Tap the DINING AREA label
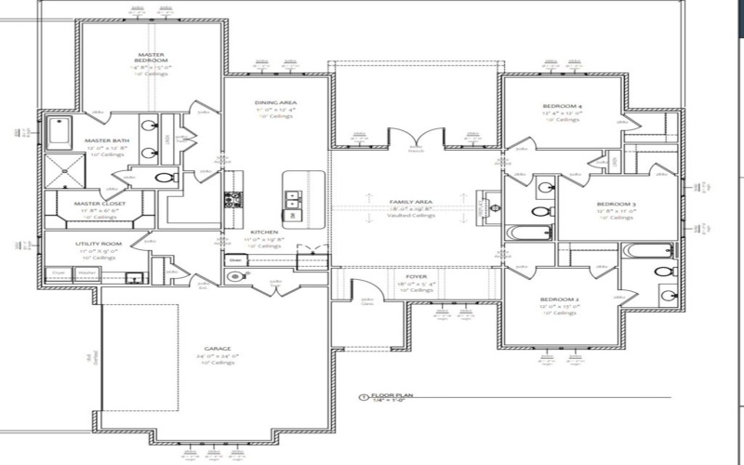point(275,103)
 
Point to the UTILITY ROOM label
point(99,244)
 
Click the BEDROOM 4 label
point(563,107)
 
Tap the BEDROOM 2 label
point(561,300)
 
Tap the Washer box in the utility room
point(86,273)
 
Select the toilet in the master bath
point(165,178)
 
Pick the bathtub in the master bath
point(59,132)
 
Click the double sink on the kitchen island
point(292,196)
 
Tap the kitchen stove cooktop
point(232,198)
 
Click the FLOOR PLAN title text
point(392,395)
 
